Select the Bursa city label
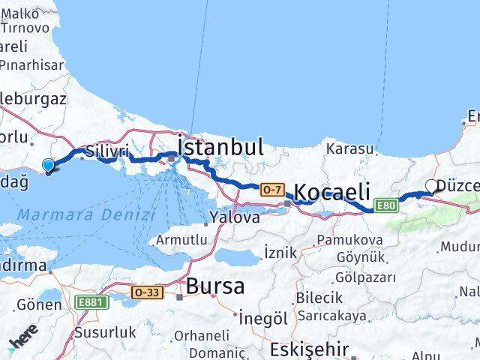[x=215, y=286]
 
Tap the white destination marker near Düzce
[x=431, y=186]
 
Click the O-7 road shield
[x=271, y=190]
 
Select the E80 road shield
[x=385, y=205]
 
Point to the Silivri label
[x=103, y=150]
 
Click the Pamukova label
[x=349, y=240]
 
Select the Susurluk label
[x=105, y=331]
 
